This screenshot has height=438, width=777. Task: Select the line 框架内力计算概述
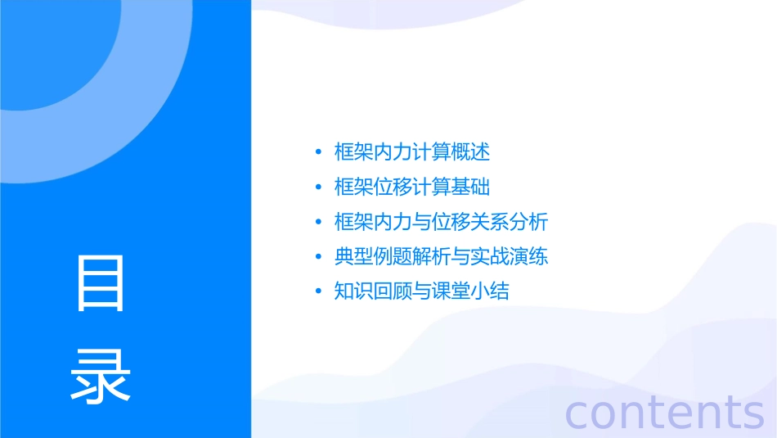tap(412, 151)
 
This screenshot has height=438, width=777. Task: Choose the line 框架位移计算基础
tap(412, 187)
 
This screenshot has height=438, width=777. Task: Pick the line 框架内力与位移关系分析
tap(441, 222)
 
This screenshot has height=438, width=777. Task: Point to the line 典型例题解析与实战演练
tap(441, 257)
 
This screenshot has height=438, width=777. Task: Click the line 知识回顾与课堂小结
tap(422, 291)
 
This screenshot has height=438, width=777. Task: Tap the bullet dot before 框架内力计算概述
tap(318, 152)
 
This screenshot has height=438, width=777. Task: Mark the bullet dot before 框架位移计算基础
tap(318, 187)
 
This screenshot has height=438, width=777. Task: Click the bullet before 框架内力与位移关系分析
tap(318, 223)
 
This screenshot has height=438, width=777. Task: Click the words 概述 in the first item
tap(470, 151)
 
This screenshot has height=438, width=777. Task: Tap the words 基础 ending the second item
tap(470, 187)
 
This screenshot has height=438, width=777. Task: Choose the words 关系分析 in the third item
tap(509, 222)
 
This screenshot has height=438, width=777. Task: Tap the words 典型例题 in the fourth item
tap(373, 257)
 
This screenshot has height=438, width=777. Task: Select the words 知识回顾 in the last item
tap(373, 291)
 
